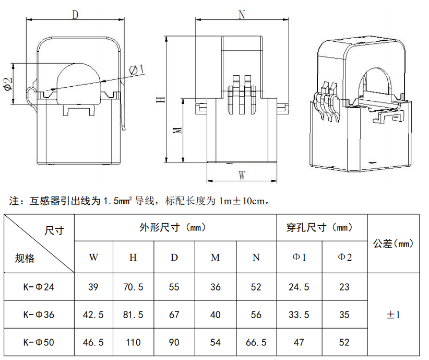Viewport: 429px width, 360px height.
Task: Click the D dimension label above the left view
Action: pos(75,15)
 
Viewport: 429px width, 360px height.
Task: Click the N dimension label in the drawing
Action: pos(242,15)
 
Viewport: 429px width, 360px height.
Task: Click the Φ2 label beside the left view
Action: pos(8,85)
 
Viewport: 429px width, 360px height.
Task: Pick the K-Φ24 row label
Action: pos(39,287)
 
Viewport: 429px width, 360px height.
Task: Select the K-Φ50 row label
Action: pos(39,342)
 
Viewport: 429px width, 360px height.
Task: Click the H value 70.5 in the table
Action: pos(133,287)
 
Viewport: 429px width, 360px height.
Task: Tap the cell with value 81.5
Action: pos(133,315)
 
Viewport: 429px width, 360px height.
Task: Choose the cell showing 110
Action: pos(133,342)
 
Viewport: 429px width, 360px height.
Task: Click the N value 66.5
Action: pos(256,342)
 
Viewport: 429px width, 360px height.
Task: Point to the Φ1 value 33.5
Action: pos(299,315)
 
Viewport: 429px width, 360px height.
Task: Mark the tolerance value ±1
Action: pos(393,315)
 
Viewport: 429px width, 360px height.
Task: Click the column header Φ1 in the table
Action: pos(299,257)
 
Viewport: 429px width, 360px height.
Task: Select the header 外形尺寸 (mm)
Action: pos(175,228)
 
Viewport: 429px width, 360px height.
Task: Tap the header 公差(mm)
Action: pos(393,243)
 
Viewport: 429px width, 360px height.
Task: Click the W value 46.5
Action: pos(93,342)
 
